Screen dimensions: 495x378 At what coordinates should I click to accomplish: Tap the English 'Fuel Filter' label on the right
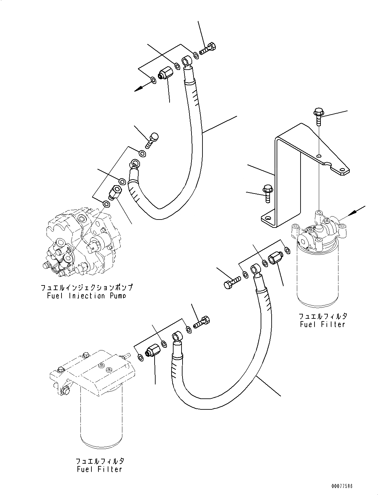point(322,324)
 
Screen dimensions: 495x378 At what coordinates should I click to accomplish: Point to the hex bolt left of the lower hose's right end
point(231,282)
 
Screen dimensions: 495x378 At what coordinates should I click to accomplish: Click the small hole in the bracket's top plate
point(318,156)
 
